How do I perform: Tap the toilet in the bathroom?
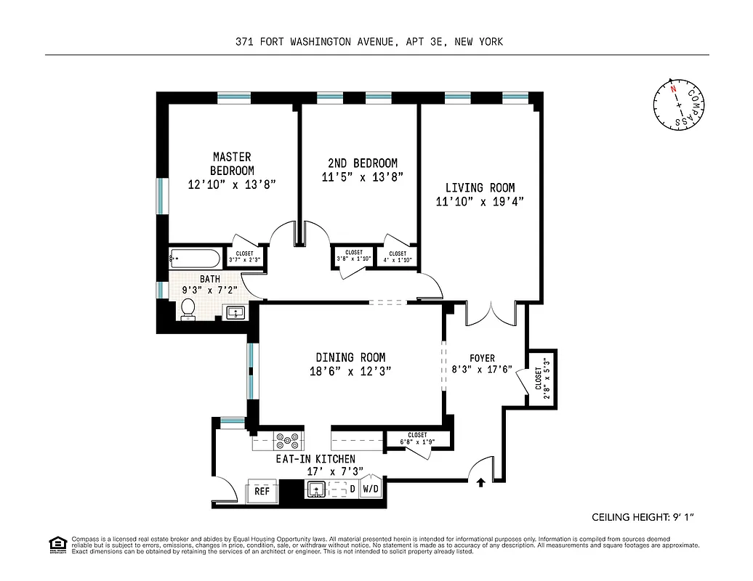click(x=188, y=309)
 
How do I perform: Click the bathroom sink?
click(x=236, y=312)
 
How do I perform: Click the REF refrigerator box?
click(x=262, y=491)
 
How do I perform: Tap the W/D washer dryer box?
click(x=370, y=489)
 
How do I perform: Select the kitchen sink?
click(x=317, y=489)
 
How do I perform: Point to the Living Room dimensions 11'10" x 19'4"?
click(x=479, y=201)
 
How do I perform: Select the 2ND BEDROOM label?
click(x=361, y=163)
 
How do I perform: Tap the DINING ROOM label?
click(x=350, y=357)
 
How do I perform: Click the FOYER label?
click(x=482, y=358)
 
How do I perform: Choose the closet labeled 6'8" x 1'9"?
click(x=417, y=439)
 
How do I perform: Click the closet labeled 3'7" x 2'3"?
click(x=244, y=256)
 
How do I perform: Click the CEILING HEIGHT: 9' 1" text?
click(x=644, y=518)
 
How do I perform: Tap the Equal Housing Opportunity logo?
click(x=57, y=544)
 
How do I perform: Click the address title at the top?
click(x=369, y=42)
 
